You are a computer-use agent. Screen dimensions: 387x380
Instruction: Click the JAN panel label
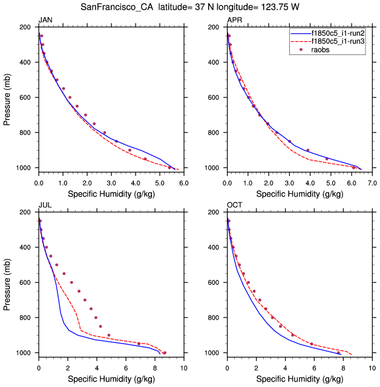click(45, 21)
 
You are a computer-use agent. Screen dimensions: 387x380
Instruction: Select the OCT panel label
click(234, 206)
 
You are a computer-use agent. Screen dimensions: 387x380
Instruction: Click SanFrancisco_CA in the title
click(117, 7)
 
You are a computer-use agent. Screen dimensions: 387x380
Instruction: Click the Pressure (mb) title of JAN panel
click(7, 97)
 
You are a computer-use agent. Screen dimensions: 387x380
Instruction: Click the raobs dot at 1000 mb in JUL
click(164, 353)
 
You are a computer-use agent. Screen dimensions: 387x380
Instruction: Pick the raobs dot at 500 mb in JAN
click(57, 80)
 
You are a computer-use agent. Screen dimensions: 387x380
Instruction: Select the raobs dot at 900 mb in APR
click(307, 150)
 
